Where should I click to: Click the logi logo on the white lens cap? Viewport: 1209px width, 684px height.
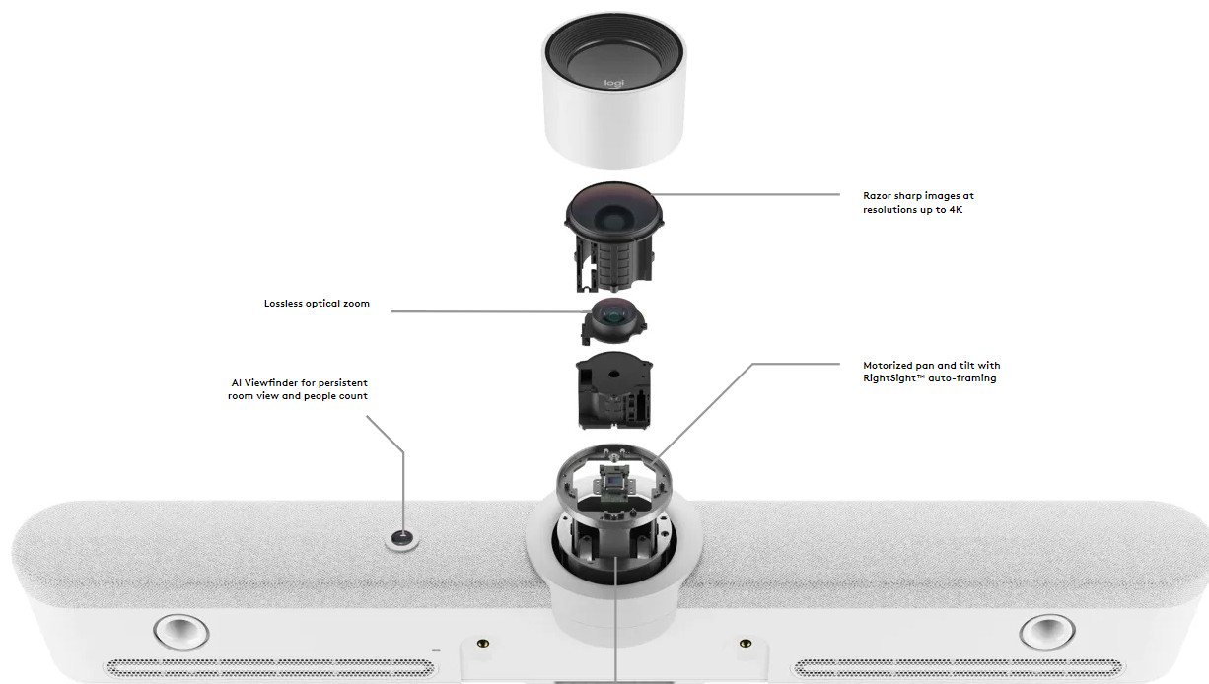(613, 83)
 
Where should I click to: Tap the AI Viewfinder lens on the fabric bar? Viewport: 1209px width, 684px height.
(401, 538)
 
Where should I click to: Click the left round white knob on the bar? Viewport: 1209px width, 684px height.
(180, 631)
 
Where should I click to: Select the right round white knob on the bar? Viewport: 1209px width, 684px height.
(1046, 631)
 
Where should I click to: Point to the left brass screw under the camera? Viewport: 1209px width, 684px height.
(483, 643)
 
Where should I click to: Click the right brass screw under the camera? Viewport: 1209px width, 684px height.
(746, 643)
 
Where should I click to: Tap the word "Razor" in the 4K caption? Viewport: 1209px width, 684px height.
(877, 196)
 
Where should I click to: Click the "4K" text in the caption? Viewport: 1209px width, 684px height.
(956, 209)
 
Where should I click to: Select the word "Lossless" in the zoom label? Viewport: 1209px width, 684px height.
(283, 304)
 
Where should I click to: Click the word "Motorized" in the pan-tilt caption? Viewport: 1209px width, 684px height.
(887, 366)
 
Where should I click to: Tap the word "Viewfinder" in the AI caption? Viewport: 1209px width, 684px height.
(271, 383)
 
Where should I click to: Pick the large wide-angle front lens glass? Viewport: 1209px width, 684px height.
(613, 212)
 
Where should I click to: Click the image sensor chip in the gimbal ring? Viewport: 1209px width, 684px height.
(613, 478)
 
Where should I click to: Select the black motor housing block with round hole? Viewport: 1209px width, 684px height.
(613, 389)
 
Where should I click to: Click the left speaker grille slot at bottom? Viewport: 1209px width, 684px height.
(270, 668)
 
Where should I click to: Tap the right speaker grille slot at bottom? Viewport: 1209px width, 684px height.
(958, 668)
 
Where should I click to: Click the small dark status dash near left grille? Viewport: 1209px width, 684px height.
(436, 650)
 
